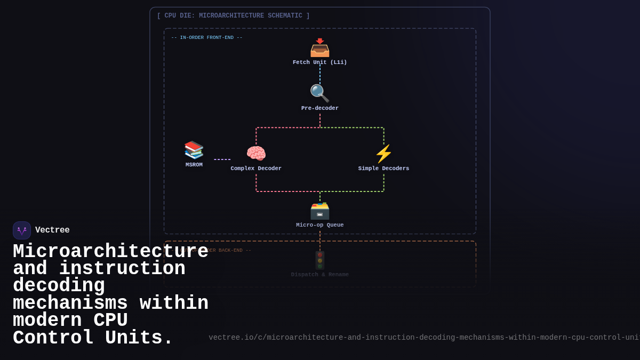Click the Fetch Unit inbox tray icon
(x=320, y=48)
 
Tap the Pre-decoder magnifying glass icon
(x=319, y=93)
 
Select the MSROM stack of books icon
(x=194, y=150)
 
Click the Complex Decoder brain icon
(x=256, y=154)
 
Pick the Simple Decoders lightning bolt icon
(x=383, y=154)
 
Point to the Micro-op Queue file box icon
(x=320, y=210)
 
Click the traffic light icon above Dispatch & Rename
(x=320, y=260)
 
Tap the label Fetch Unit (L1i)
(x=320, y=62)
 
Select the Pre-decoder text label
(x=320, y=108)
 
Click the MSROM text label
(x=194, y=165)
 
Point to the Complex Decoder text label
(x=256, y=169)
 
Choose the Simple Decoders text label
(x=383, y=169)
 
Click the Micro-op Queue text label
(x=320, y=225)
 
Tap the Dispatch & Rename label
(x=320, y=275)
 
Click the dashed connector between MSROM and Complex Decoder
(x=222, y=159)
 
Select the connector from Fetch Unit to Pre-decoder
(x=320, y=74)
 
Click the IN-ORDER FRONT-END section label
(x=207, y=38)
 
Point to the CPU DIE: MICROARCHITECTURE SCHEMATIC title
(x=233, y=16)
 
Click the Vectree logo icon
(x=22, y=230)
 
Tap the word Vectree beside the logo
(x=52, y=230)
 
